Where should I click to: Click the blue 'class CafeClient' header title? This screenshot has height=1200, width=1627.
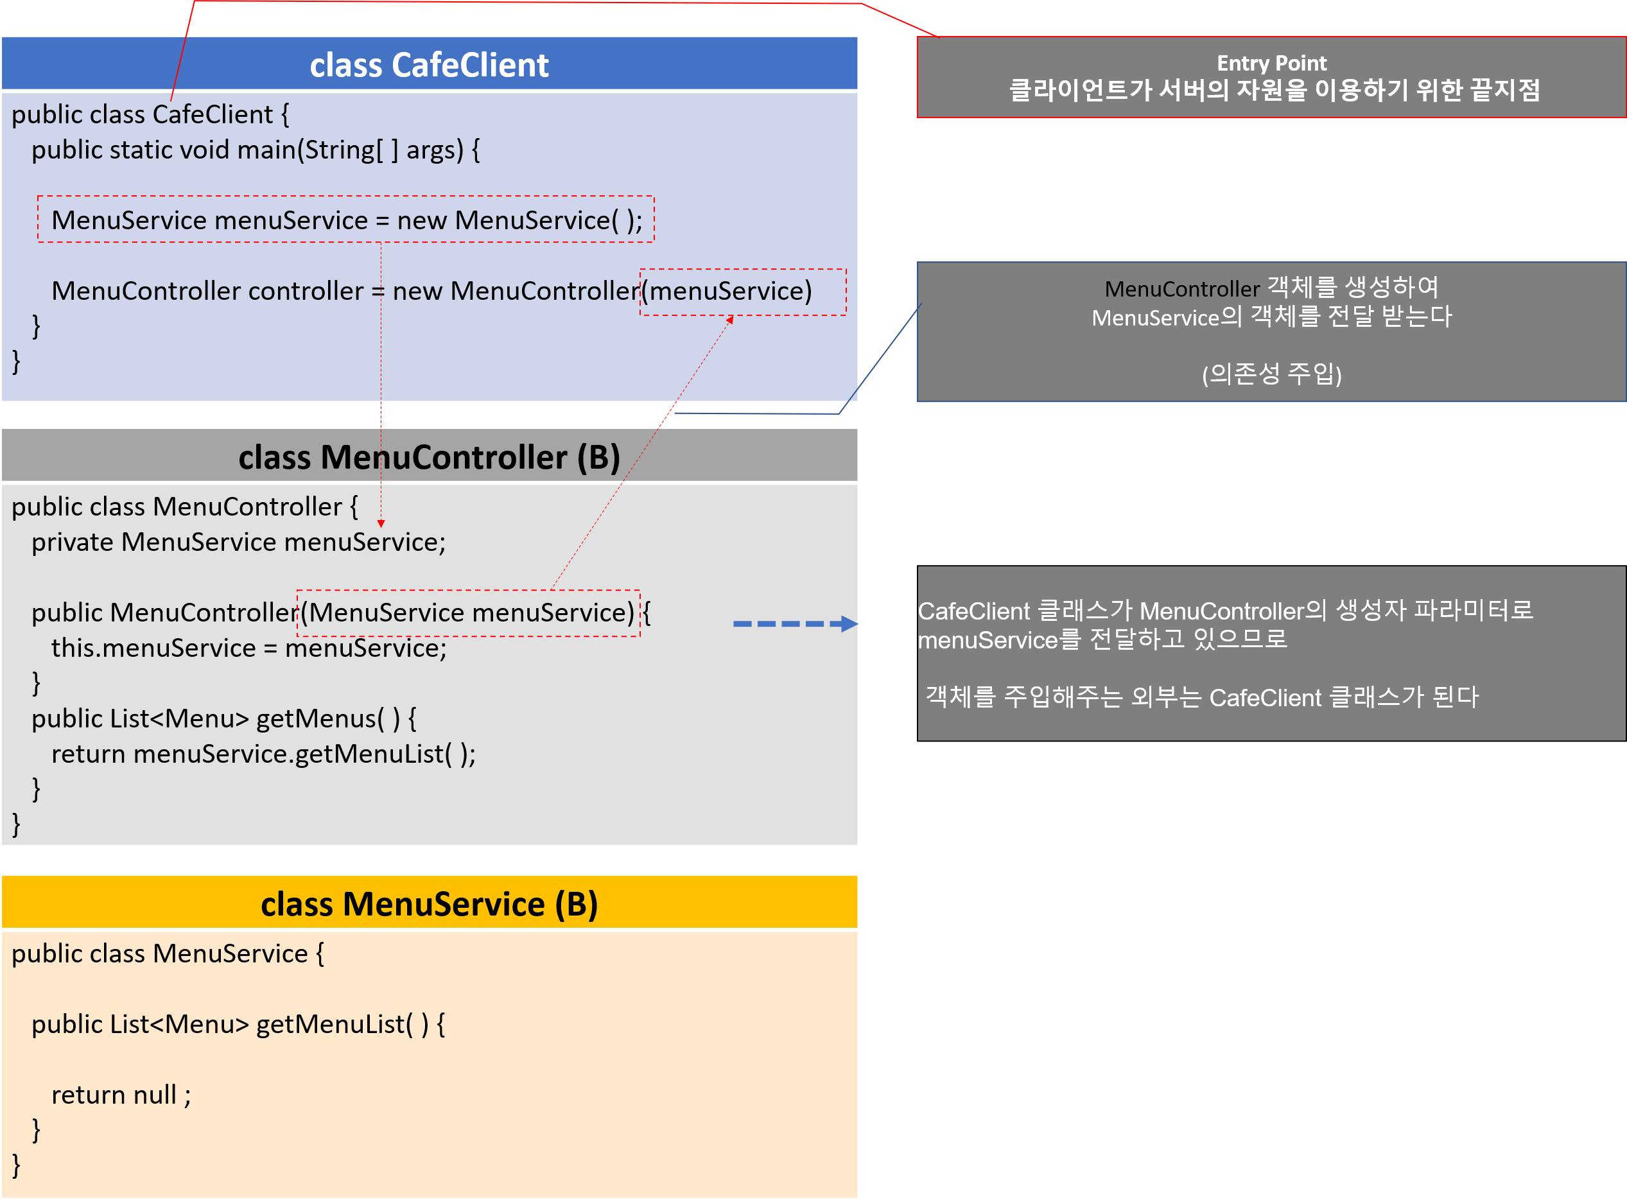coord(430,65)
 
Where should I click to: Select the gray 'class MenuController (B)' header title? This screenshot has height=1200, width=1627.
coord(430,458)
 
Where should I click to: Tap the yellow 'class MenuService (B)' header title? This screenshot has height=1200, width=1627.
coord(430,905)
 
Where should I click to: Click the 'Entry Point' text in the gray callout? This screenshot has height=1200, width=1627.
coord(1271,63)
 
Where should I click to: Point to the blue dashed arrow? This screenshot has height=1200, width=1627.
coord(795,624)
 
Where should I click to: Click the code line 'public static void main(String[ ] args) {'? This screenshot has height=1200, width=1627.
coord(256,150)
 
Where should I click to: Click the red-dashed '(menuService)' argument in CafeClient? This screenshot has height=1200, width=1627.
coord(731,291)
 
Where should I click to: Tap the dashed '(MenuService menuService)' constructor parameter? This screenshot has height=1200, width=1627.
coord(469,613)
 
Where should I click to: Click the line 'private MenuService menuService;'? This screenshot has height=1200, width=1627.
coord(238,543)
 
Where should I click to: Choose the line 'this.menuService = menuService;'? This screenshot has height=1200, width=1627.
coord(248,648)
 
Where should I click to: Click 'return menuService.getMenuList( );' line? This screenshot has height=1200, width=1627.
coord(263,754)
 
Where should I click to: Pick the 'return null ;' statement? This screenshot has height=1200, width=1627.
coord(121,1095)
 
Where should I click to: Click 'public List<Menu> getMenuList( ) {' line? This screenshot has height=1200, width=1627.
coord(238,1024)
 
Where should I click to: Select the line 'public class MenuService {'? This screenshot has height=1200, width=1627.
coord(168,953)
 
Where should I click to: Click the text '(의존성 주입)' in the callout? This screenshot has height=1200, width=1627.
coord(1271,374)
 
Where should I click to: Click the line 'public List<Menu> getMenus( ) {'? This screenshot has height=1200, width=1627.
coord(223,718)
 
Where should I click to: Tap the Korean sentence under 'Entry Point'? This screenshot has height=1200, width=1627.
coord(1274,91)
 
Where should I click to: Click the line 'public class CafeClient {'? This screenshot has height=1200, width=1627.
coord(150,115)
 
